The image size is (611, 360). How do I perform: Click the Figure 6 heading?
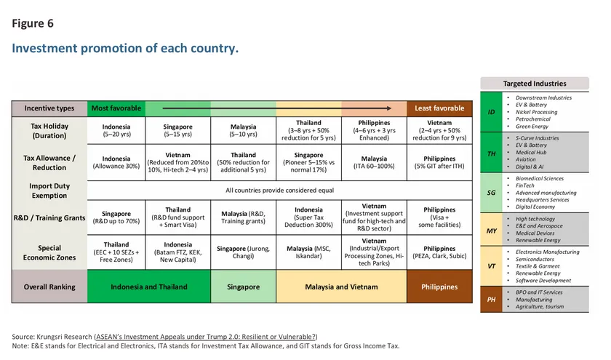33,23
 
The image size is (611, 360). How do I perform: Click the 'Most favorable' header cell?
116,108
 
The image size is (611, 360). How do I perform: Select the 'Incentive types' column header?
49,108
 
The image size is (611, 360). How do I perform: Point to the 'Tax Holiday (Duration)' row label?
49,130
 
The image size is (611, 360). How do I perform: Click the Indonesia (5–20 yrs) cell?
116,130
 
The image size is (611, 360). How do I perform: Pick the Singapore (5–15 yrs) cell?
178,130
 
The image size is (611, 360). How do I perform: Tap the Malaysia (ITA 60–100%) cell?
374,162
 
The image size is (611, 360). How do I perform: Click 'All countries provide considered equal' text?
279,190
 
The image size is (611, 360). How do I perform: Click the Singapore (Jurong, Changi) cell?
243,252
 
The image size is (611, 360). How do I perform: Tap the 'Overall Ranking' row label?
49,287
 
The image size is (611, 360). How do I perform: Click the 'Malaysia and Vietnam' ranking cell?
341,287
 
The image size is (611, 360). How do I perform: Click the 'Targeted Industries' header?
534,84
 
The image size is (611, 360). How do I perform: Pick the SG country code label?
491,193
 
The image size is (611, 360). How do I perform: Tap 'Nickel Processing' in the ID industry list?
536,112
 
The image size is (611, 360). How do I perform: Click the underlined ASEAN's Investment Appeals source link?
206,337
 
